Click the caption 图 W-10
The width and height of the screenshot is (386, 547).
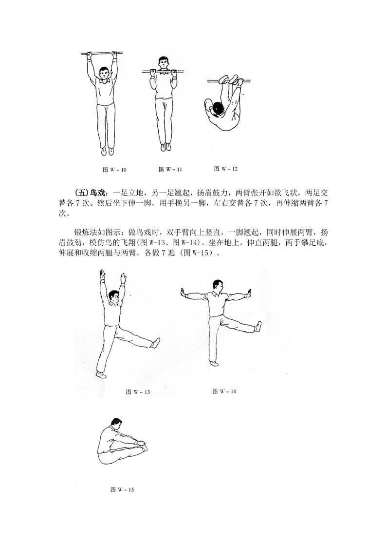115,170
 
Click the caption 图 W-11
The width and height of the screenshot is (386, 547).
170,170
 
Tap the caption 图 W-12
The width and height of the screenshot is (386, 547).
226,169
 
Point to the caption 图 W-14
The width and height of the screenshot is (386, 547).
224,391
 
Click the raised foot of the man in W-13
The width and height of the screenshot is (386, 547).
155,342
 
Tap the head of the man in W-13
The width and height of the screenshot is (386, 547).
113,295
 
